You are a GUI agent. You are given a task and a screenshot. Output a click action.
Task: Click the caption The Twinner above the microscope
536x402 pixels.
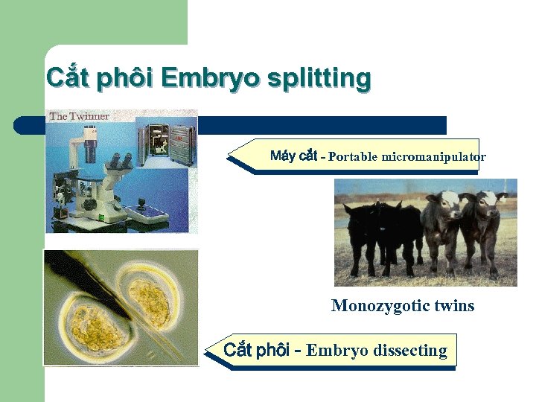[x=80, y=116]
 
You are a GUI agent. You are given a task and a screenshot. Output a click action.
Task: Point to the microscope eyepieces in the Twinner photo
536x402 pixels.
[x=121, y=159]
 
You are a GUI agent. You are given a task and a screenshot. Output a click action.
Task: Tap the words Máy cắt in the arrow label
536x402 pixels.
[x=293, y=156]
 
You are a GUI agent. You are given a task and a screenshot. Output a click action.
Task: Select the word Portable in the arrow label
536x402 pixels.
[x=354, y=156]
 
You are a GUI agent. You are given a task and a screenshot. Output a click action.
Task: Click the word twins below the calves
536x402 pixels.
[x=453, y=305]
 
